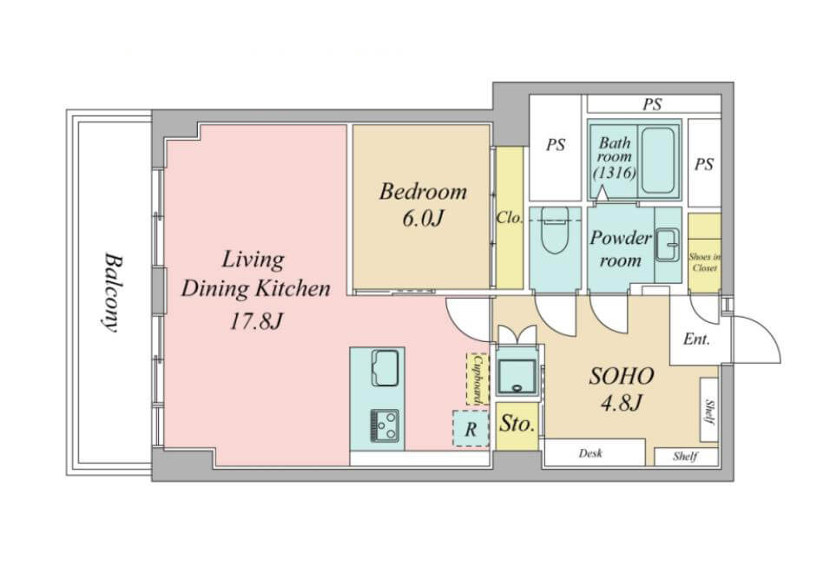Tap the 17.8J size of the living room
coord(255,321)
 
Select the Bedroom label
coord(423,191)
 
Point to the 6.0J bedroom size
coord(422,218)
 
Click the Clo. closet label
coord(510,217)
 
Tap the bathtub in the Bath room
coord(658,160)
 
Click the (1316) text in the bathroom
coord(615,173)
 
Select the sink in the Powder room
coord(668,245)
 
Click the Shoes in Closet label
coord(705,262)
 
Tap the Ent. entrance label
coord(696,339)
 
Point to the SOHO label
coord(621,376)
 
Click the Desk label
coord(590,453)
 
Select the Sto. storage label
coord(517,424)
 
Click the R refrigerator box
coord(471,429)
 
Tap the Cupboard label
coord(478,379)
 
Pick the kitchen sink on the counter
coord(385,368)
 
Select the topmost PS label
coord(652,104)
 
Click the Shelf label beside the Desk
coord(686,456)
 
